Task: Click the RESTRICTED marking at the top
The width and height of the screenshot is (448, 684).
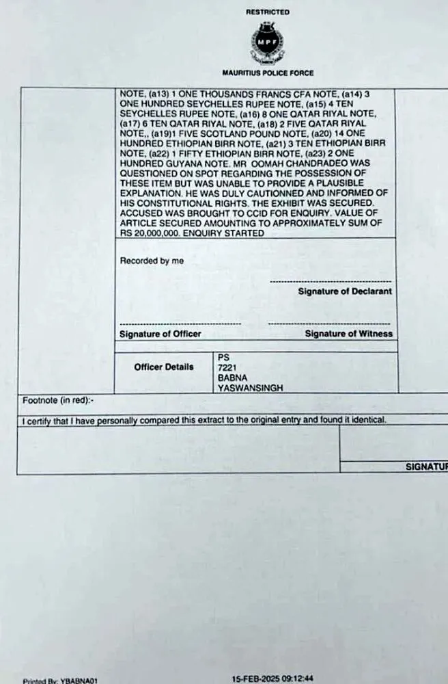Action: (267, 12)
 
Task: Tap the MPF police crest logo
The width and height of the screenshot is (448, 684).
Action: (267, 41)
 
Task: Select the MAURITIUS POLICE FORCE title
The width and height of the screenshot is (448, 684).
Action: (268, 73)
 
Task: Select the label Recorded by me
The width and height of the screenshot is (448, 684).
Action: (152, 261)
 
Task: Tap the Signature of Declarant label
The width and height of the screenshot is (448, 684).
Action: (345, 291)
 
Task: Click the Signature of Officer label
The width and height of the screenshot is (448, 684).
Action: (160, 334)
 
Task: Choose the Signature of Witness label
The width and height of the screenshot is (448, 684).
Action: (348, 334)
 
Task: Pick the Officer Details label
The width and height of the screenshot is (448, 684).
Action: (164, 367)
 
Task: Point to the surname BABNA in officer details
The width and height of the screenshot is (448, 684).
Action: (231, 378)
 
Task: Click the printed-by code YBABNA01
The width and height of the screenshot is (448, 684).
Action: (72, 681)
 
